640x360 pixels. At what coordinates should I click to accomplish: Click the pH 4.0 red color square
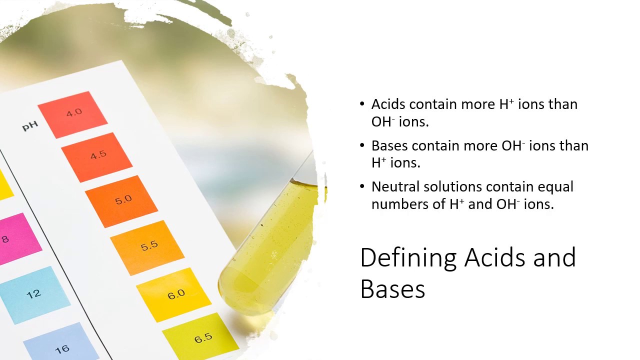point(73,114)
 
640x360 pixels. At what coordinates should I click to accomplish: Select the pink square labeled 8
point(15,238)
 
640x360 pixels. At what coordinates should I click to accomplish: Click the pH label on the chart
point(30,126)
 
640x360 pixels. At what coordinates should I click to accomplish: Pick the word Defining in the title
point(408,258)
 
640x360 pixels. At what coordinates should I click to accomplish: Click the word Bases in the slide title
point(392,288)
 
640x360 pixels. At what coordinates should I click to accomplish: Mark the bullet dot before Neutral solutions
point(362,186)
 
